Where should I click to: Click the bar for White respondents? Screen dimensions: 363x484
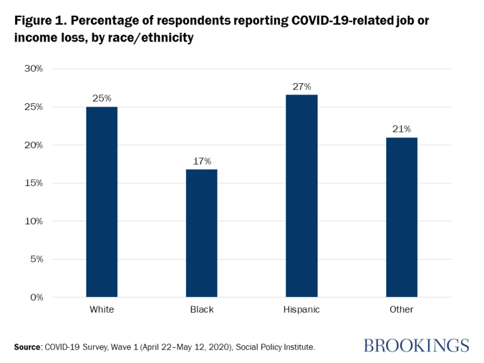click(x=101, y=202)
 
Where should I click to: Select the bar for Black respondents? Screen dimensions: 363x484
click(x=202, y=233)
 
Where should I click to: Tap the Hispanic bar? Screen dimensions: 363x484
click(x=301, y=196)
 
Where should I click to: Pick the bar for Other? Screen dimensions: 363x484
click(x=401, y=217)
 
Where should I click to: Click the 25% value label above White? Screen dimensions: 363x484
click(x=102, y=98)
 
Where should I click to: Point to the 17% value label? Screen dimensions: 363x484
click(x=202, y=161)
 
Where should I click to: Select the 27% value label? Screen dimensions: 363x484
click(x=301, y=86)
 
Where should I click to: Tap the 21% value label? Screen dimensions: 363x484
click(x=401, y=129)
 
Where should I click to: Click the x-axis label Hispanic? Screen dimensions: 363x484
click(x=301, y=309)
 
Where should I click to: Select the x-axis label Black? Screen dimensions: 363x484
click(x=202, y=309)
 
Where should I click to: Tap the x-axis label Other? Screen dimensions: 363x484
click(x=401, y=309)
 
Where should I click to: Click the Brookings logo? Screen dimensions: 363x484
click(x=416, y=345)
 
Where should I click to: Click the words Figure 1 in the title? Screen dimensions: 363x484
click(x=42, y=20)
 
